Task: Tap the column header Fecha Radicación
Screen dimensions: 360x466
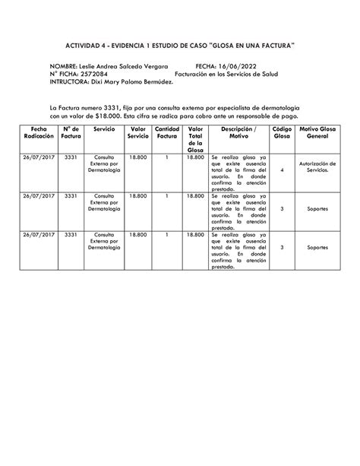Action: (39, 133)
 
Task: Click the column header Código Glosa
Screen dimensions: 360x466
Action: (282, 133)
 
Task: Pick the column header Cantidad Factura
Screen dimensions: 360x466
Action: (166, 133)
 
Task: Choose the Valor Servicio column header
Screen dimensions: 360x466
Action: (137, 133)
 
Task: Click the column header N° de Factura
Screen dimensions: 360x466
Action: (71, 133)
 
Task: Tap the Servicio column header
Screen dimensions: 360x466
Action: (104, 130)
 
